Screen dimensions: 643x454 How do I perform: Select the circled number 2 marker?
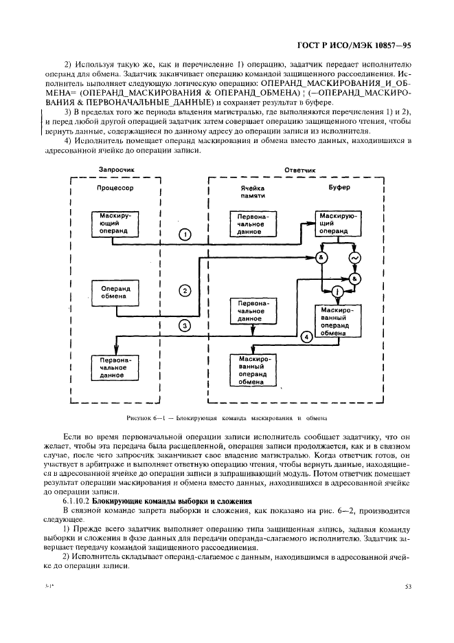[x=184, y=290]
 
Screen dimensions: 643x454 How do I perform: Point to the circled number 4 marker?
[x=306, y=336]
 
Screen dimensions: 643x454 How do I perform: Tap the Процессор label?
[x=114, y=188]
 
